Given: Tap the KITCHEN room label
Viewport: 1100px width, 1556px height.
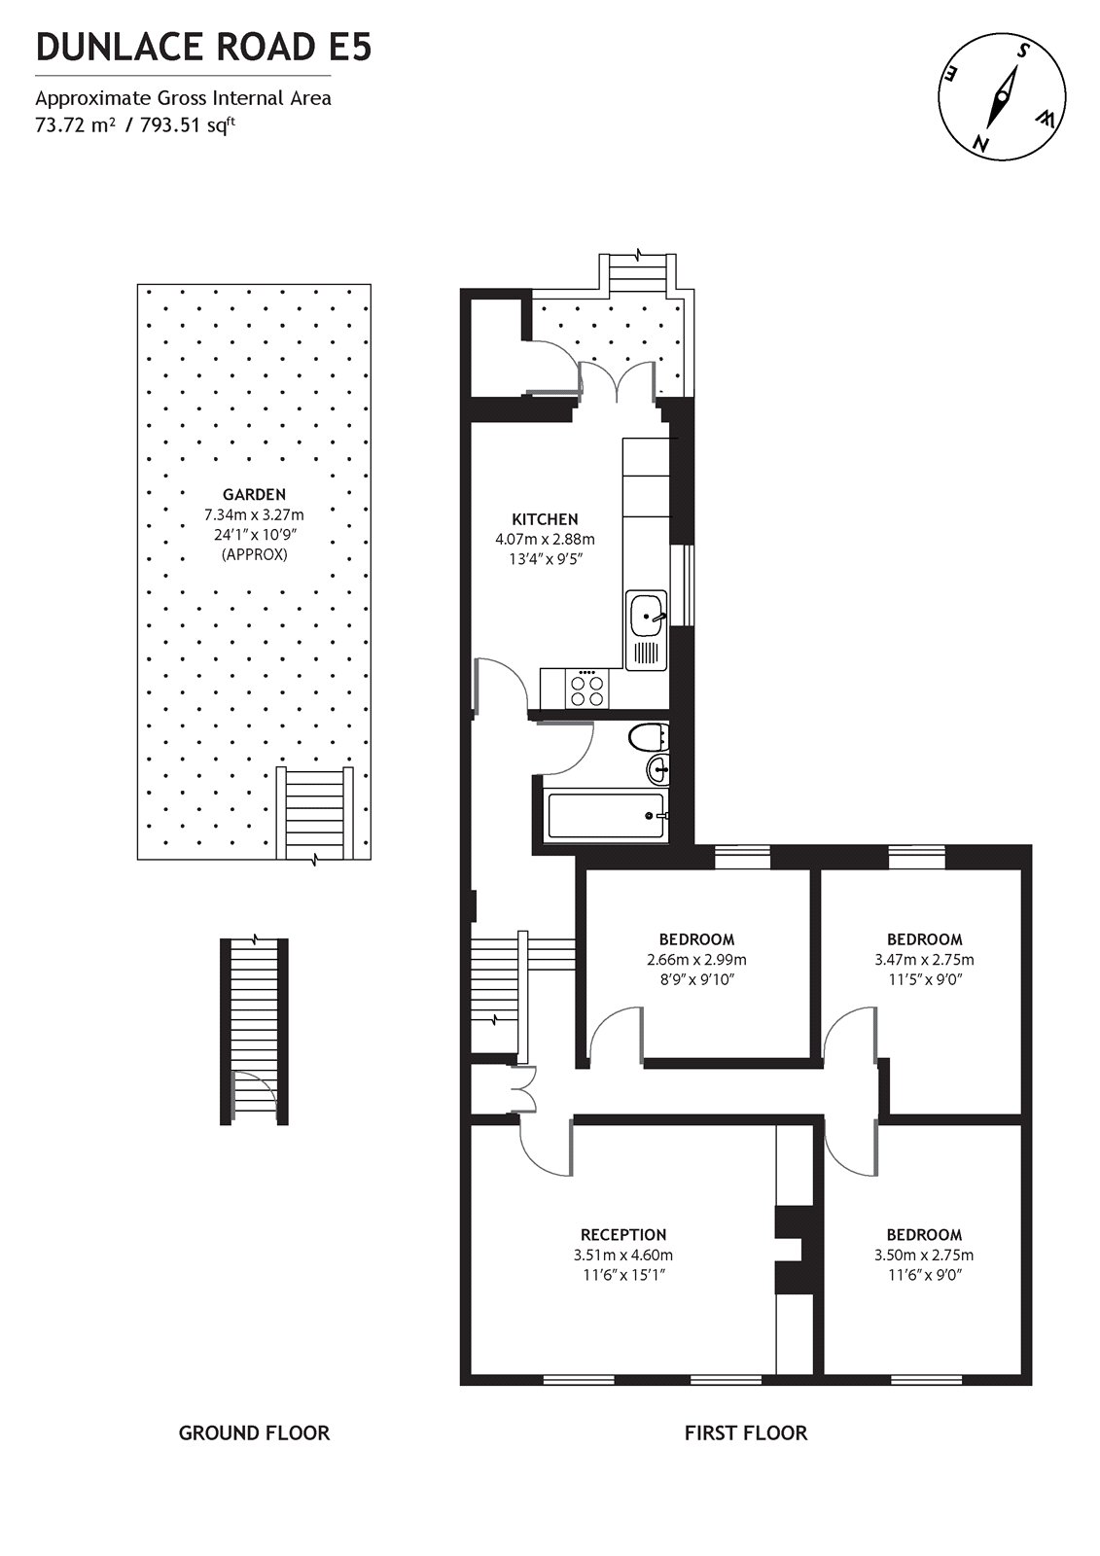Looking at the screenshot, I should coord(545,519).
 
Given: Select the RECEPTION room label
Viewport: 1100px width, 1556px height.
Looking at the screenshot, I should coord(623,1235).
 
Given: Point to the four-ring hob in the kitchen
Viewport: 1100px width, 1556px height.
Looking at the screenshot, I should coord(587,690).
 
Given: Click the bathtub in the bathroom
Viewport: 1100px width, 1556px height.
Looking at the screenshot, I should coord(606,816).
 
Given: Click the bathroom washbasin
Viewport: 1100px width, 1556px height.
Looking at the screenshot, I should coord(657,771).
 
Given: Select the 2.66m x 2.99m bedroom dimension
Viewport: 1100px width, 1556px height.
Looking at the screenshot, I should coord(696,959).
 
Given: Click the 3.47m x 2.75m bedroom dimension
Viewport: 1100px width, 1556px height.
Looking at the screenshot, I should coord(924,959).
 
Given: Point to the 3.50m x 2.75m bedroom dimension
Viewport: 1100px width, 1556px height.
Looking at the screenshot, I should coord(924,1255).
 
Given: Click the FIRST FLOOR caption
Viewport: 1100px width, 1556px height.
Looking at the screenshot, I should coord(745,1432).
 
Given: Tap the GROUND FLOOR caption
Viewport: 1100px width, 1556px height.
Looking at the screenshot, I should coord(254,1432).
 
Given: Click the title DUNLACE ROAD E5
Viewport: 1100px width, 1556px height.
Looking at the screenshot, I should coord(203,47).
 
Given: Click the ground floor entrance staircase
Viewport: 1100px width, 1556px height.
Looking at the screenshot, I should coord(255,1031).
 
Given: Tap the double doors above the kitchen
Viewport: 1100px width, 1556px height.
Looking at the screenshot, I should coord(617,380).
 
